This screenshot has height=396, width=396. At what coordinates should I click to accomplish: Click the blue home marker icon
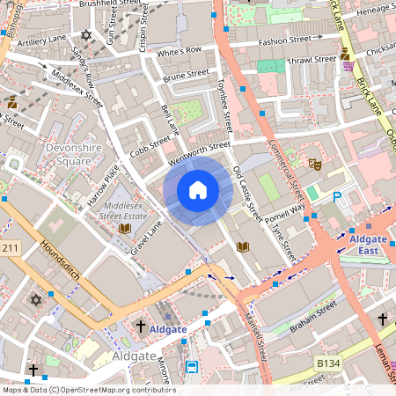(x=198, y=190)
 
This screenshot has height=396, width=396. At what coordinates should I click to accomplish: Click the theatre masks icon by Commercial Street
(x=313, y=163)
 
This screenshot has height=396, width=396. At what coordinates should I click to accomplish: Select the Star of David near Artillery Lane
(x=85, y=35)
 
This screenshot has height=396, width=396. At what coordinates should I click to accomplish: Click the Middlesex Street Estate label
(x=124, y=209)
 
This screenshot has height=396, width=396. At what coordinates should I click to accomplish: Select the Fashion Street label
(x=284, y=40)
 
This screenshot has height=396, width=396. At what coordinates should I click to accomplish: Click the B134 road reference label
(x=328, y=363)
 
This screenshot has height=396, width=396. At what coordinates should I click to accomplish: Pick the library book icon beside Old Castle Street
(x=243, y=246)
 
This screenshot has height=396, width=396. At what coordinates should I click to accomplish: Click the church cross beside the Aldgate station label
(x=140, y=326)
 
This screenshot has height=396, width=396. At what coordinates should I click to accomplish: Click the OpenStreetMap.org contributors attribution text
(x=114, y=390)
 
